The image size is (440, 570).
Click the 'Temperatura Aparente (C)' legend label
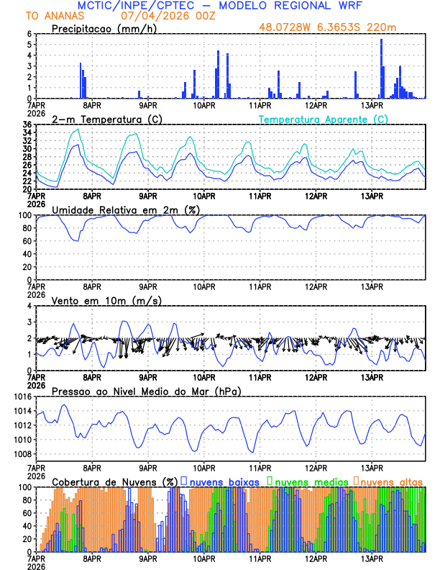pos(323,119)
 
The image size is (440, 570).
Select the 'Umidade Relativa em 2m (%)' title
pos(126,209)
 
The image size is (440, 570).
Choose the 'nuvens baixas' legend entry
pos(226,481)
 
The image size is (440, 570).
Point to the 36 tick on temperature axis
pos(27,125)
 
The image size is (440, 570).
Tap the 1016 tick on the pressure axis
pos(22,397)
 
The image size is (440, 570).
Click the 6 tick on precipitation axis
pos(29,34)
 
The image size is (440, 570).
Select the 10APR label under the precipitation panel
pos(204,105)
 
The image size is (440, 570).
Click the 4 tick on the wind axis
pos(29,306)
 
